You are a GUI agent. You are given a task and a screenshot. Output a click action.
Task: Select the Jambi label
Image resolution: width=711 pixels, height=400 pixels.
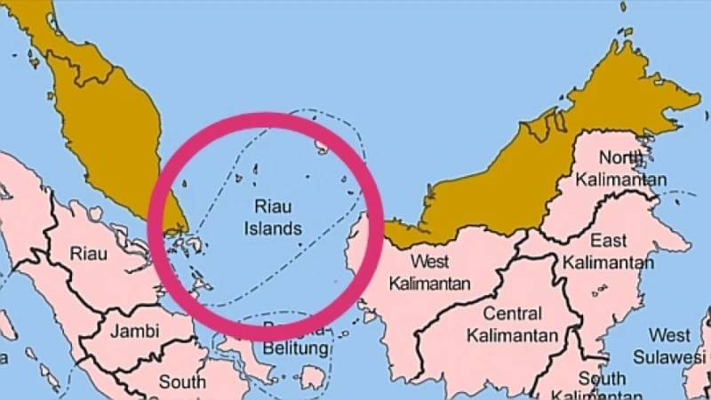(x=135, y=332)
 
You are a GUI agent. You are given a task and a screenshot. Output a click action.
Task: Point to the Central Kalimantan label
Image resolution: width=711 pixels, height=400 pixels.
(x=513, y=324)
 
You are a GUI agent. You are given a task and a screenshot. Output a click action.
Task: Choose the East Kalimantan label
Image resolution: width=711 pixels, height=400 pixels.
(x=608, y=252)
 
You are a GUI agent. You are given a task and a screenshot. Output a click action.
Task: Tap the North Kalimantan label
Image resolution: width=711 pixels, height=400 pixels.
(x=620, y=169)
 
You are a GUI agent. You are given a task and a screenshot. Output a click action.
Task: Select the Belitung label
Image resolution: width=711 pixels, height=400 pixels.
(x=297, y=348)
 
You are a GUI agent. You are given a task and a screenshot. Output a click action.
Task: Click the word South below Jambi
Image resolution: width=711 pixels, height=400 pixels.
(x=182, y=383)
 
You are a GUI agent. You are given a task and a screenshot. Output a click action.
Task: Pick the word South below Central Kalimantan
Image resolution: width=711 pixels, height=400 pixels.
(x=602, y=378)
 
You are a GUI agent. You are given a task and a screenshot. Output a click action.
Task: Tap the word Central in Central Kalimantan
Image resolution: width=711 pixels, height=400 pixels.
(x=513, y=314)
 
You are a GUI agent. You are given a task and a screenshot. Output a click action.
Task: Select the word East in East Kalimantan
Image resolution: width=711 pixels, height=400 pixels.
(x=608, y=241)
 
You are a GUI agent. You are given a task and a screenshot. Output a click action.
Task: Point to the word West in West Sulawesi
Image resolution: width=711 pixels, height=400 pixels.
(x=669, y=336)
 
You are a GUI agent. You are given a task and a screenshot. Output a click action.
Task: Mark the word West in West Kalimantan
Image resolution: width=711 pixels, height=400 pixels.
(x=430, y=261)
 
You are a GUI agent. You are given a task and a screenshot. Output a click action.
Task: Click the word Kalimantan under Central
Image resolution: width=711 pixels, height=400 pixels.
(x=513, y=336)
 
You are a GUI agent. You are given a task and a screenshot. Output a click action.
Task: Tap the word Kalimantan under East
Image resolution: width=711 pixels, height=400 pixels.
(x=608, y=263)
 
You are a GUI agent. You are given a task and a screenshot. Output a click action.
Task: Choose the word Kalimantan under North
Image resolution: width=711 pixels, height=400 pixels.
(x=620, y=180)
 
